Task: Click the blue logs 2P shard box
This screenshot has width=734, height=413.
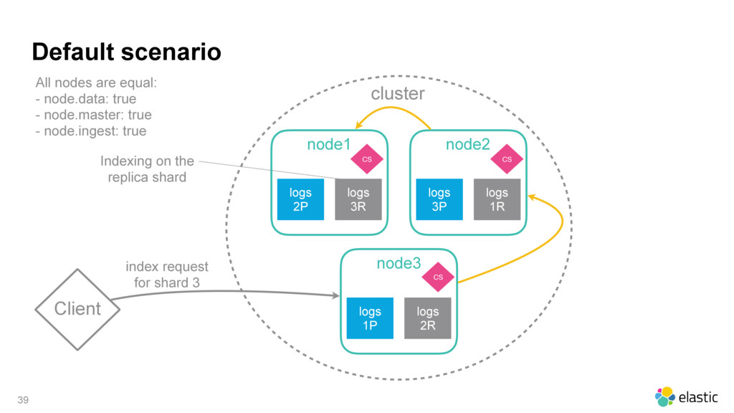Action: click(300, 199)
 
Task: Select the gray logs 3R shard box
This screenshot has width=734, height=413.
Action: click(358, 199)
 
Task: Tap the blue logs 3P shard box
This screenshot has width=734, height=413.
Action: click(439, 199)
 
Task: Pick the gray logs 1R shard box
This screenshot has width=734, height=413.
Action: click(497, 199)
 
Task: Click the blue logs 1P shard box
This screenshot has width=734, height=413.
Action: click(370, 318)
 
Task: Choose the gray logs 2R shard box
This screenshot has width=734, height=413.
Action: click(428, 318)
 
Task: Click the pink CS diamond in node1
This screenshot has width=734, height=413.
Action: click(367, 159)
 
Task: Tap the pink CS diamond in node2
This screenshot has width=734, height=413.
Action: click(507, 159)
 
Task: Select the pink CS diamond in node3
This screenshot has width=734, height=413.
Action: click(438, 277)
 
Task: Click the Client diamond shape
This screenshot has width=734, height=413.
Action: click(77, 310)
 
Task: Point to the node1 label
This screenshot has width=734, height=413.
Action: click(328, 144)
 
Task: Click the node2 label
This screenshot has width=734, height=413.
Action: click(467, 144)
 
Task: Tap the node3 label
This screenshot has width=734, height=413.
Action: click(399, 263)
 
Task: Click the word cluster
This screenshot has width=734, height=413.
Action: click(398, 94)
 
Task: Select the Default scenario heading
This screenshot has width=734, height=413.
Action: click(126, 52)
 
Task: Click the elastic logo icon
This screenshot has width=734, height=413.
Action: click(664, 397)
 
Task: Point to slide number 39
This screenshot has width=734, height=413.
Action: click(23, 400)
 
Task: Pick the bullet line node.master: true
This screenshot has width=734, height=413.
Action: click(94, 115)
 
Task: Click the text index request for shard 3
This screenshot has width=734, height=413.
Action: click(166, 275)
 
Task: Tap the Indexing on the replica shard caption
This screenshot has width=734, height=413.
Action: click(147, 169)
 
